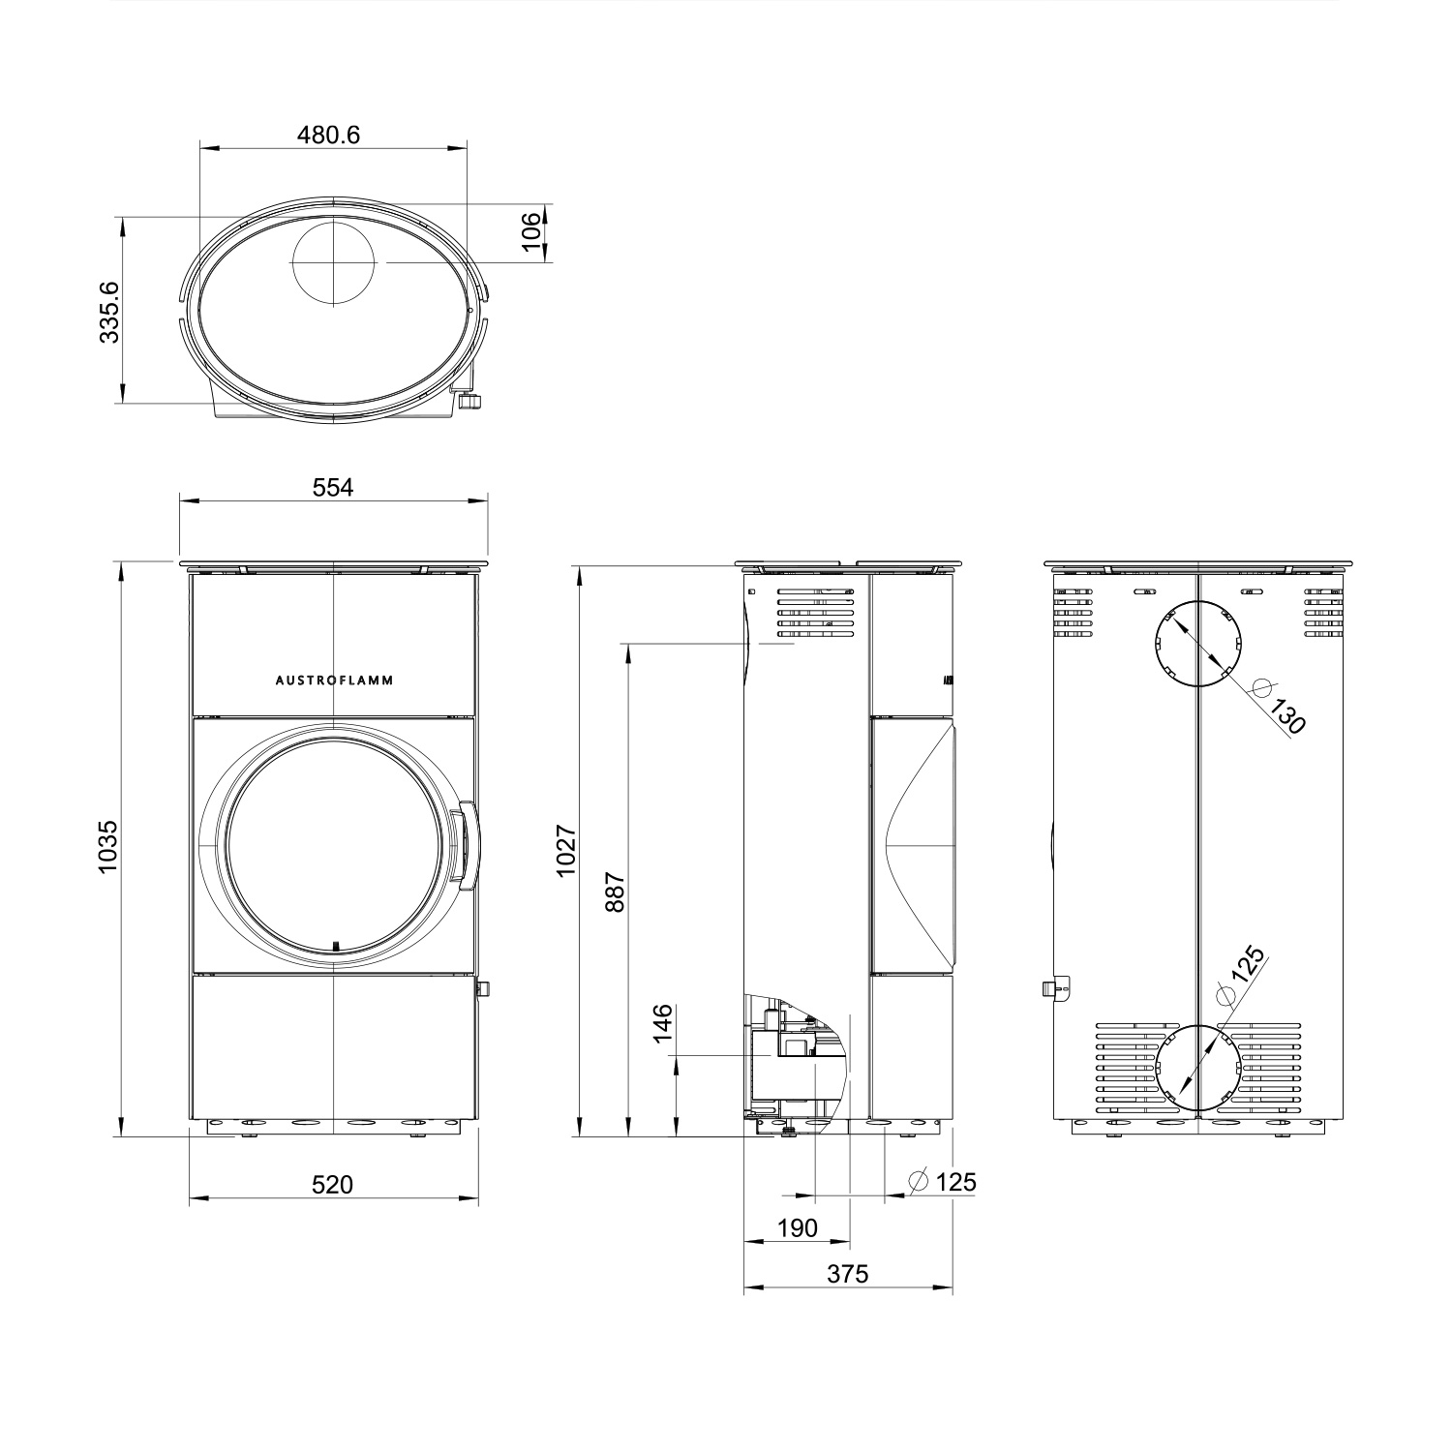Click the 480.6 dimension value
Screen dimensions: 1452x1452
[x=328, y=135]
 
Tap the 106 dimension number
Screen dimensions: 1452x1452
[x=530, y=232]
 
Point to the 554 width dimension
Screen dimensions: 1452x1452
[x=333, y=487]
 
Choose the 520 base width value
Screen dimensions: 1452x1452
[x=333, y=1184]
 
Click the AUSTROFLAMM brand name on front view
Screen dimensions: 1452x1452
[x=334, y=681]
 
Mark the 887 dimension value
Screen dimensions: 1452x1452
[x=617, y=892]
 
